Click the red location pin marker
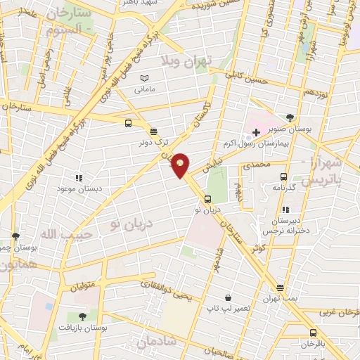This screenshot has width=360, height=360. (x=181, y=165)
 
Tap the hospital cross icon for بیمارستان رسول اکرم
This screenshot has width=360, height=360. (x=257, y=131)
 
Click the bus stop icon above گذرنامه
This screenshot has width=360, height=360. (x=283, y=177)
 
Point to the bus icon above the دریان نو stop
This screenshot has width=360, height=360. (x=206, y=198)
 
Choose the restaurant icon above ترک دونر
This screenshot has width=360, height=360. (x=153, y=130)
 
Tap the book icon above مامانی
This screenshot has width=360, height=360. (x=144, y=78)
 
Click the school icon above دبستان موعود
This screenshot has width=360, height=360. (x=79, y=179)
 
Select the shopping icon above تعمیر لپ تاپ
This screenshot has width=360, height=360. (x=229, y=298)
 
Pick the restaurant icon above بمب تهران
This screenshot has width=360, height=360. (x=280, y=288)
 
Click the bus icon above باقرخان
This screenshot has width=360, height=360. (x=313, y=333)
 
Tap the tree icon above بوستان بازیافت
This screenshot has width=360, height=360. (x=82, y=316)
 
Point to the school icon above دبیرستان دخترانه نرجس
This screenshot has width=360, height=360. (x=285, y=210)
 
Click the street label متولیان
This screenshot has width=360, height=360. (x=82, y=286)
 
